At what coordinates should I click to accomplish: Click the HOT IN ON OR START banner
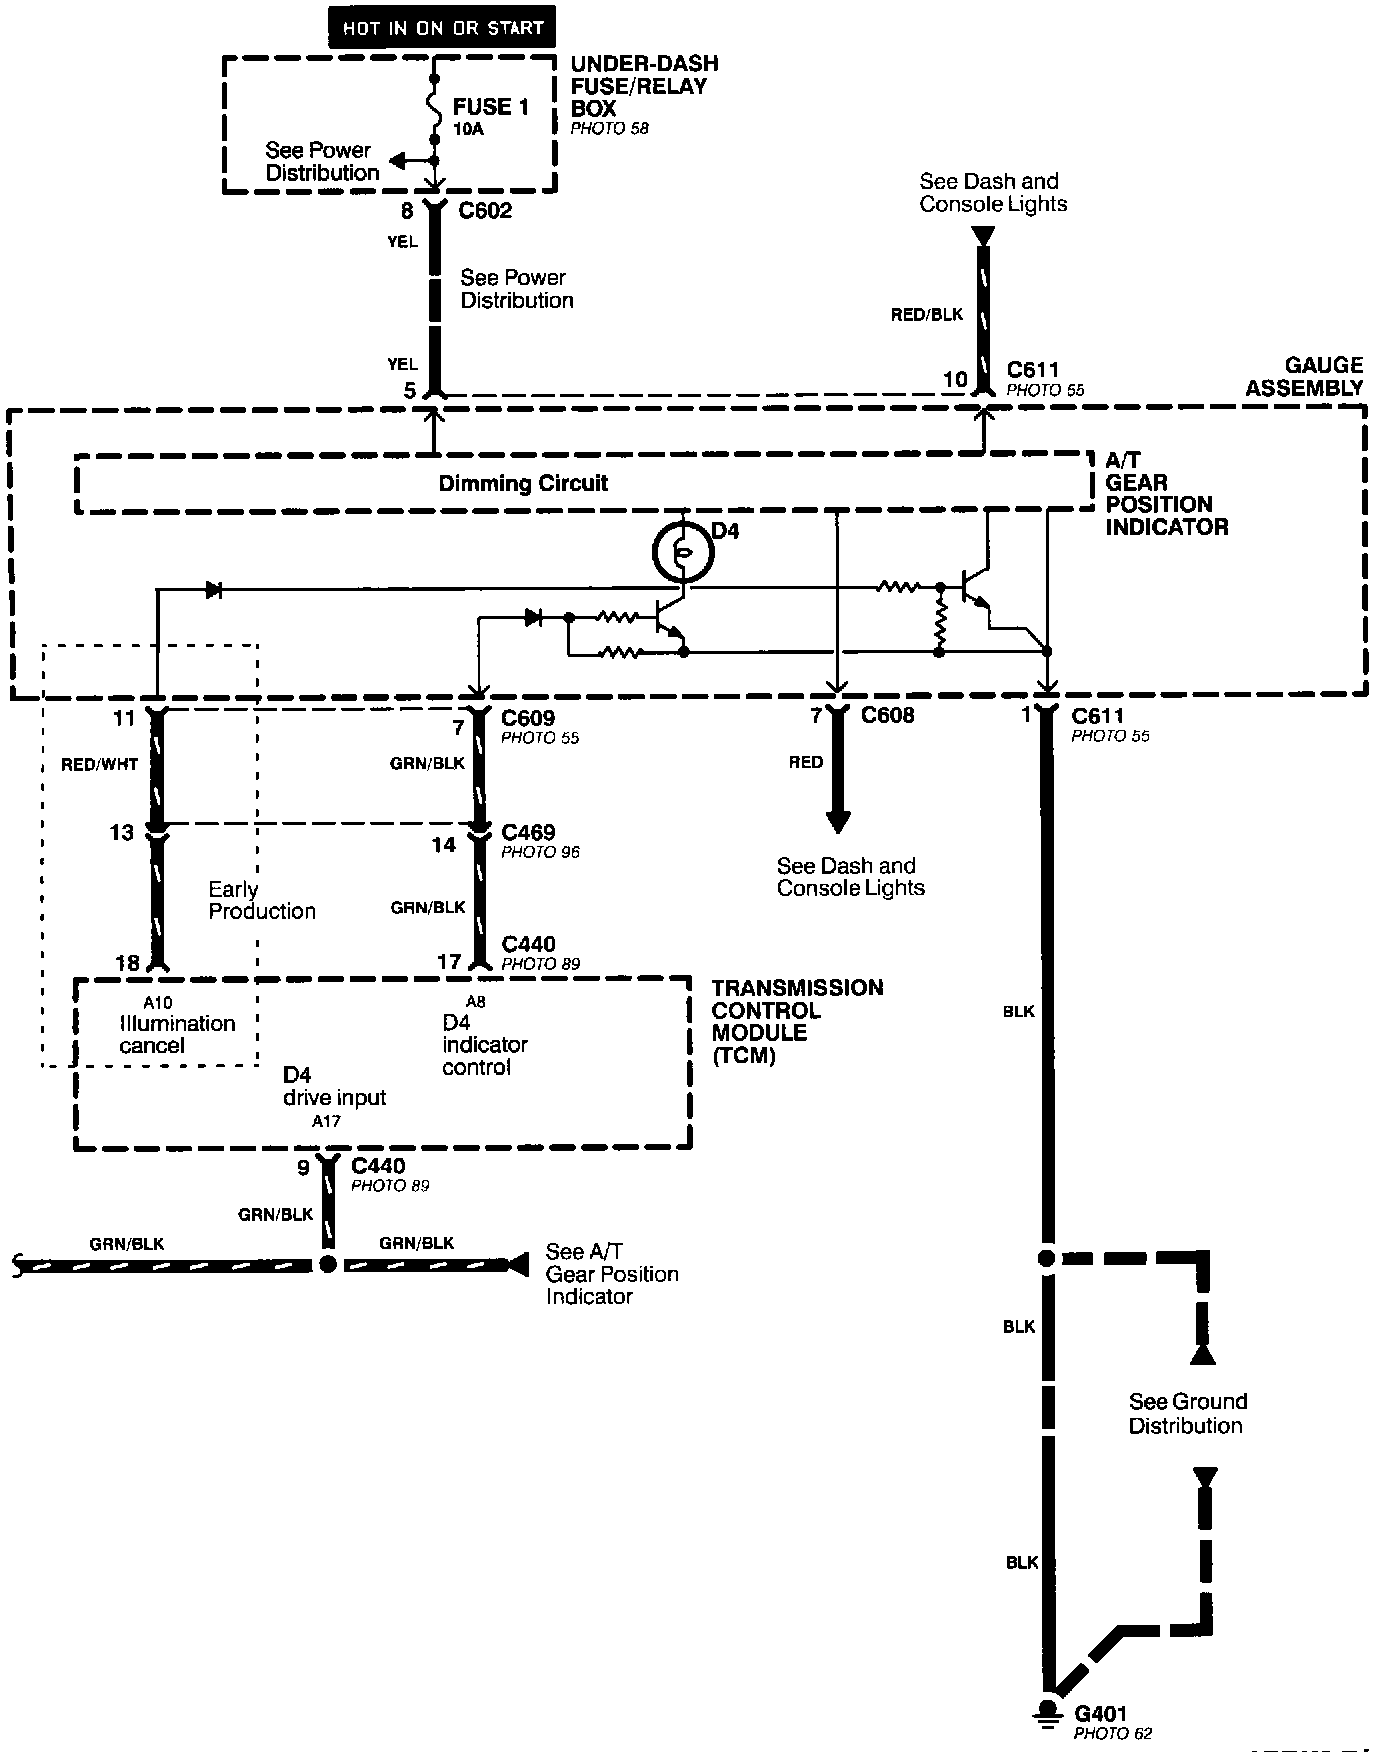point(442,28)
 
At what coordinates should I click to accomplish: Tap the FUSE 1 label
point(490,107)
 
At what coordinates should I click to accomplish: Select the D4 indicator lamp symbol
point(680,551)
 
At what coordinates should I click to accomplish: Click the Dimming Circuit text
point(523,484)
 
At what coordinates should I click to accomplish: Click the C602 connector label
point(485,211)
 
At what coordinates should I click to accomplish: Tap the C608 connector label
point(887,716)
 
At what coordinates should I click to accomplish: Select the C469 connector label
point(528,832)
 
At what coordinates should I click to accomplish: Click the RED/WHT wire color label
point(99,765)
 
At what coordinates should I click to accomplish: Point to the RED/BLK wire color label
point(927,315)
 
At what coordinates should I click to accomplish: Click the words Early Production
point(261,900)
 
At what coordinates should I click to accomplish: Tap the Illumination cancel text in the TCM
point(176,1034)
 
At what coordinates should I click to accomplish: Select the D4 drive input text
point(334,1086)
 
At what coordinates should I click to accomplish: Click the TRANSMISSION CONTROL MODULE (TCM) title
point(797,1021)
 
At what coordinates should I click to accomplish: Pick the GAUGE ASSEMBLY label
point(1303,377)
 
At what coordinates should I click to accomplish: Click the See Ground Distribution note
point(1187,1413)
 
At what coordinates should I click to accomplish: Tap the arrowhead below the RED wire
point(838,822)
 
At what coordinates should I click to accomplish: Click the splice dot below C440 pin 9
point(327,1264)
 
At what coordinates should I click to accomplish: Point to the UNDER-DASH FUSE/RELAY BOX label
point(644,86)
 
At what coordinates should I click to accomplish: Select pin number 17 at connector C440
point(450,962)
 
